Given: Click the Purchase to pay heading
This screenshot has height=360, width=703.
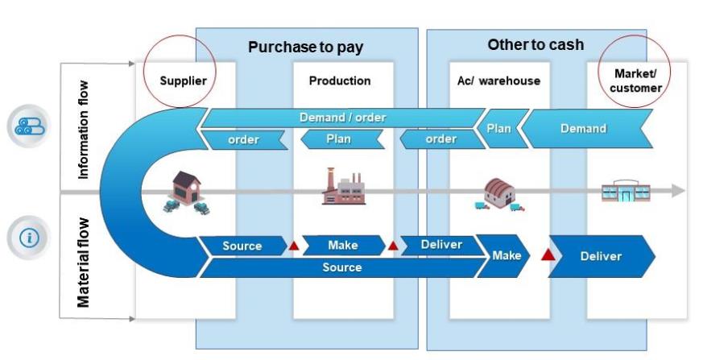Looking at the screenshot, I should click(305, 48).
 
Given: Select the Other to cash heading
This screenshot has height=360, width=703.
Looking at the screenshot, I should click(536, 44).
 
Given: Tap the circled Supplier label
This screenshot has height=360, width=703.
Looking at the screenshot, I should click(183, 81).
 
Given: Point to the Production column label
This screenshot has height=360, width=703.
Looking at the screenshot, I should click(340, 81).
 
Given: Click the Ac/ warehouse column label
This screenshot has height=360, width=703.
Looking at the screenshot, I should click(494, 81).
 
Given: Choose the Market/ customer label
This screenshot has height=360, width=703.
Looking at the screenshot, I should click(635, 81).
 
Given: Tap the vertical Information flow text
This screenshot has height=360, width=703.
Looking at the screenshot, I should click(83, 129).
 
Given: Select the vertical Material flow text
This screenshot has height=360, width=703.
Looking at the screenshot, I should click(83, 262).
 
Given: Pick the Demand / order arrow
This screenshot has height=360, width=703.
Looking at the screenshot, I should click(342, 118).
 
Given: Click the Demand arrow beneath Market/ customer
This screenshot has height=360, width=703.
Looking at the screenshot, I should click(584, 129).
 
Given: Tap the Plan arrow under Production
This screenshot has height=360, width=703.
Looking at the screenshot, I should click(338, 139).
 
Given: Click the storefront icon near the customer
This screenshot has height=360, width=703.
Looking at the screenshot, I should click(625, 192).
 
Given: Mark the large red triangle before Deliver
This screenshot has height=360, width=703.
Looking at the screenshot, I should click(549, 255).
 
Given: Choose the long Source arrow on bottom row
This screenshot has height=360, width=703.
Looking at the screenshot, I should click(342, 267).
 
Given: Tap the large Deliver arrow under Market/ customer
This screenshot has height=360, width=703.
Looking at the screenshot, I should click(602, 256).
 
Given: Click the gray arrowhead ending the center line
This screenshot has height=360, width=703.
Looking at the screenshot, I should click(678, 191).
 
